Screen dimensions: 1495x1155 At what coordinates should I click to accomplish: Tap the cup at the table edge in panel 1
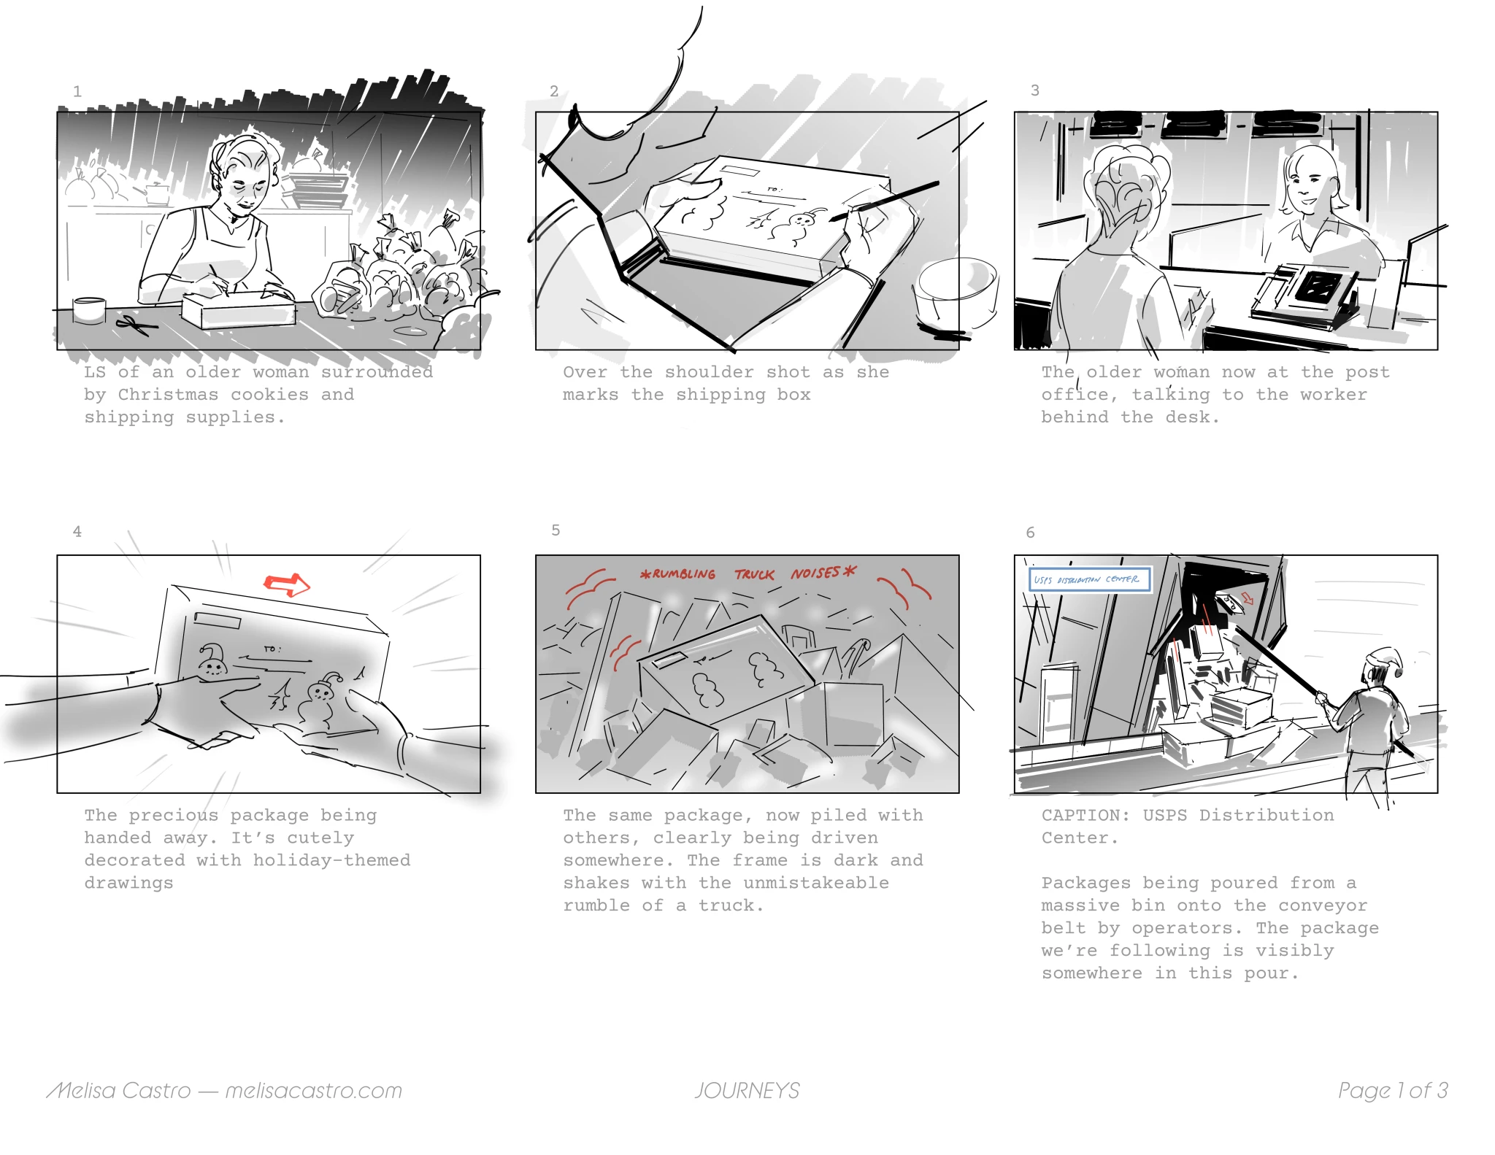point(89,309)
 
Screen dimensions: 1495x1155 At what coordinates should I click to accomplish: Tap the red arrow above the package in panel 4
point(287,584)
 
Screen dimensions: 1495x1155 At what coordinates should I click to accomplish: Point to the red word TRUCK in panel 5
point(754,575)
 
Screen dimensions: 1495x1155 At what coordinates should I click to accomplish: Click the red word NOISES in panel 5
point(815,573)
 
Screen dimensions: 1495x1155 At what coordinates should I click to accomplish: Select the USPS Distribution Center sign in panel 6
point(1089,579)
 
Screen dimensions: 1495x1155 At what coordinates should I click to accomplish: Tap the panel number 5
point(556,530)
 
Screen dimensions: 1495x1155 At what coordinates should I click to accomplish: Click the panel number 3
point(1034,90)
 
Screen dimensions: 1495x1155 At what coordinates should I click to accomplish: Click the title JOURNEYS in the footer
point(747,1090)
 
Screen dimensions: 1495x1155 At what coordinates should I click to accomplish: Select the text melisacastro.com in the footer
point(313,1090)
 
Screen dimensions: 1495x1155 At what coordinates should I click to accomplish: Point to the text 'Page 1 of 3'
point(1393,1090)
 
